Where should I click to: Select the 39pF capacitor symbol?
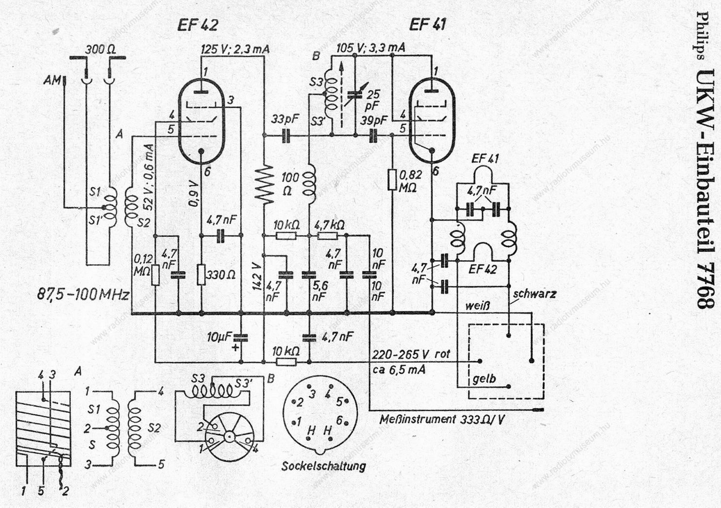[373, 135]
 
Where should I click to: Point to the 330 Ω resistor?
[201, 274]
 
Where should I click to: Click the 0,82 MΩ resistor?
[392, 179]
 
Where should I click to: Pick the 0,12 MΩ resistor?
[155, 275]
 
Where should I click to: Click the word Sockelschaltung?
[323, 466]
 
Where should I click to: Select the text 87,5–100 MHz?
[83, 295]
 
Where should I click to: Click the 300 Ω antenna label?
[101, 50]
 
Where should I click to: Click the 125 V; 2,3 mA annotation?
[235, 49]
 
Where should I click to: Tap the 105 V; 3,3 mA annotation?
[370, 48]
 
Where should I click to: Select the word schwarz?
[535, 294]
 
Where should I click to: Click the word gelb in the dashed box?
[484, 380]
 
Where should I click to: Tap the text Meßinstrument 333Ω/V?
[442, 420]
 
